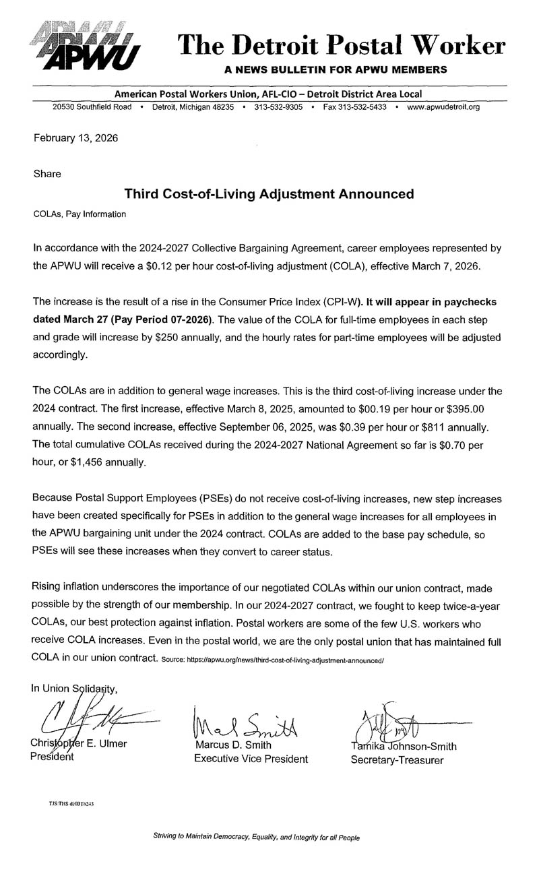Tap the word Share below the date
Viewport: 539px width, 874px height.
coord(47,174)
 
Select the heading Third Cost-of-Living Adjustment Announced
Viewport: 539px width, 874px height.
coord(269,194)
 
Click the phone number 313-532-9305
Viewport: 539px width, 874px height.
coord(278,107)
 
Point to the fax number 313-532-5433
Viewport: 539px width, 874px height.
coord(354,107)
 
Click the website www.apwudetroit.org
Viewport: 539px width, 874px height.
coord(443,107)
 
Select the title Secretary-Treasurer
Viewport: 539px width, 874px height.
coord(397,761)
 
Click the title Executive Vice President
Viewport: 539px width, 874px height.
coord(251,759)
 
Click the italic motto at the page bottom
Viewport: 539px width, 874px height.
coord(257,838)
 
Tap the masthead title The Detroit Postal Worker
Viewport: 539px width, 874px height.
coord(341,45)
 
